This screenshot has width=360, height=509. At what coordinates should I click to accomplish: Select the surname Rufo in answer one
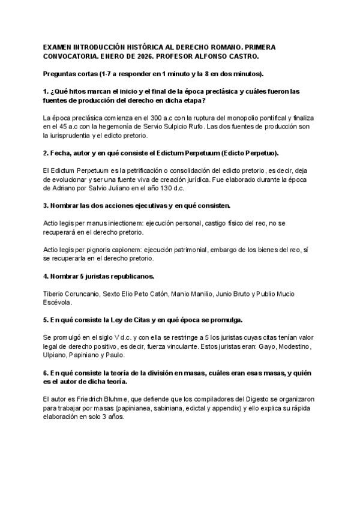pos(183,128)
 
